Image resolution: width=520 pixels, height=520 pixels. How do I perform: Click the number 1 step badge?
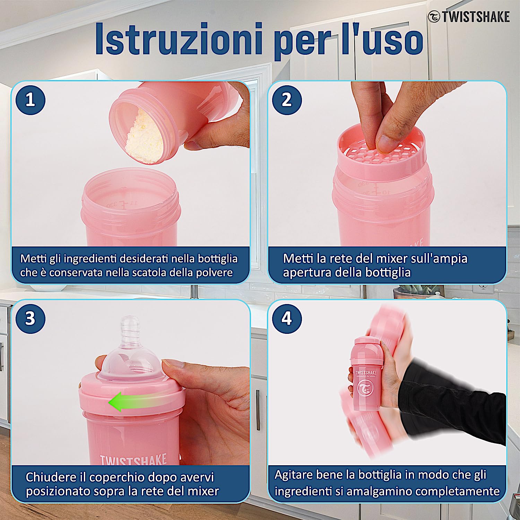[30, 100]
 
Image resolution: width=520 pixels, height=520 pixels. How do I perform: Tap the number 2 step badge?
[287, 100]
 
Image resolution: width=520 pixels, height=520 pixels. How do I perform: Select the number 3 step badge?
[30, 319]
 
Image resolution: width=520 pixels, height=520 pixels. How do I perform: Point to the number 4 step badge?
[287, 319]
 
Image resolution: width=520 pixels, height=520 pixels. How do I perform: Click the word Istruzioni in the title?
[178, 39]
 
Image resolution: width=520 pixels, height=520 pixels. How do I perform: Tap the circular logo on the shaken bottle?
[366, 388]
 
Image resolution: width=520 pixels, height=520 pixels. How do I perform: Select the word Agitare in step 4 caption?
[297, 475]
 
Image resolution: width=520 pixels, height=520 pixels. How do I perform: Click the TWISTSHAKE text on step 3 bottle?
[133, 459]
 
